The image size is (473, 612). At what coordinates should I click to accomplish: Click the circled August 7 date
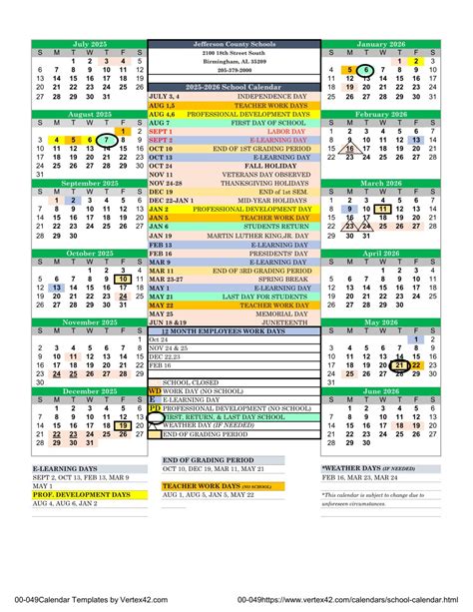(105, 140)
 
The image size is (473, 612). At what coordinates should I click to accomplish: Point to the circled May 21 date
(398, 366)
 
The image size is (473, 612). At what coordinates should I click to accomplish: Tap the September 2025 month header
(89, 184)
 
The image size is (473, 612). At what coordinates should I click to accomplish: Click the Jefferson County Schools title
(236, 44)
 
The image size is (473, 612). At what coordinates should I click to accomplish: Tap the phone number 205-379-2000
(236, 70)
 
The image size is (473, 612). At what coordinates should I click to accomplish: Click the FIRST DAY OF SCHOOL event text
(249, 122)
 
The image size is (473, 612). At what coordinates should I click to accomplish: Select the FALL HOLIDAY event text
(249, 166)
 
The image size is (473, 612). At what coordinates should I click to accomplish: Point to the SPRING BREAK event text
(249, 279)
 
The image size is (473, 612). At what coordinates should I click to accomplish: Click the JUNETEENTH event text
(249, 322)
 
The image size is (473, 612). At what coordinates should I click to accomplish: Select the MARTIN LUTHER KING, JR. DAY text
(249, 236)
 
